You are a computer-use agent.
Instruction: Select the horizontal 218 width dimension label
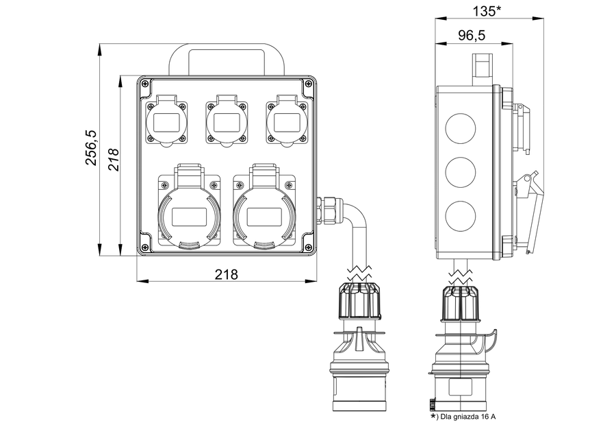226,274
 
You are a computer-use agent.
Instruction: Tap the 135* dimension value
487,10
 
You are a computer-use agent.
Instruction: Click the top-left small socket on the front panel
166,122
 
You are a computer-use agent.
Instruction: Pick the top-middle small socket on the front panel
226,122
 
